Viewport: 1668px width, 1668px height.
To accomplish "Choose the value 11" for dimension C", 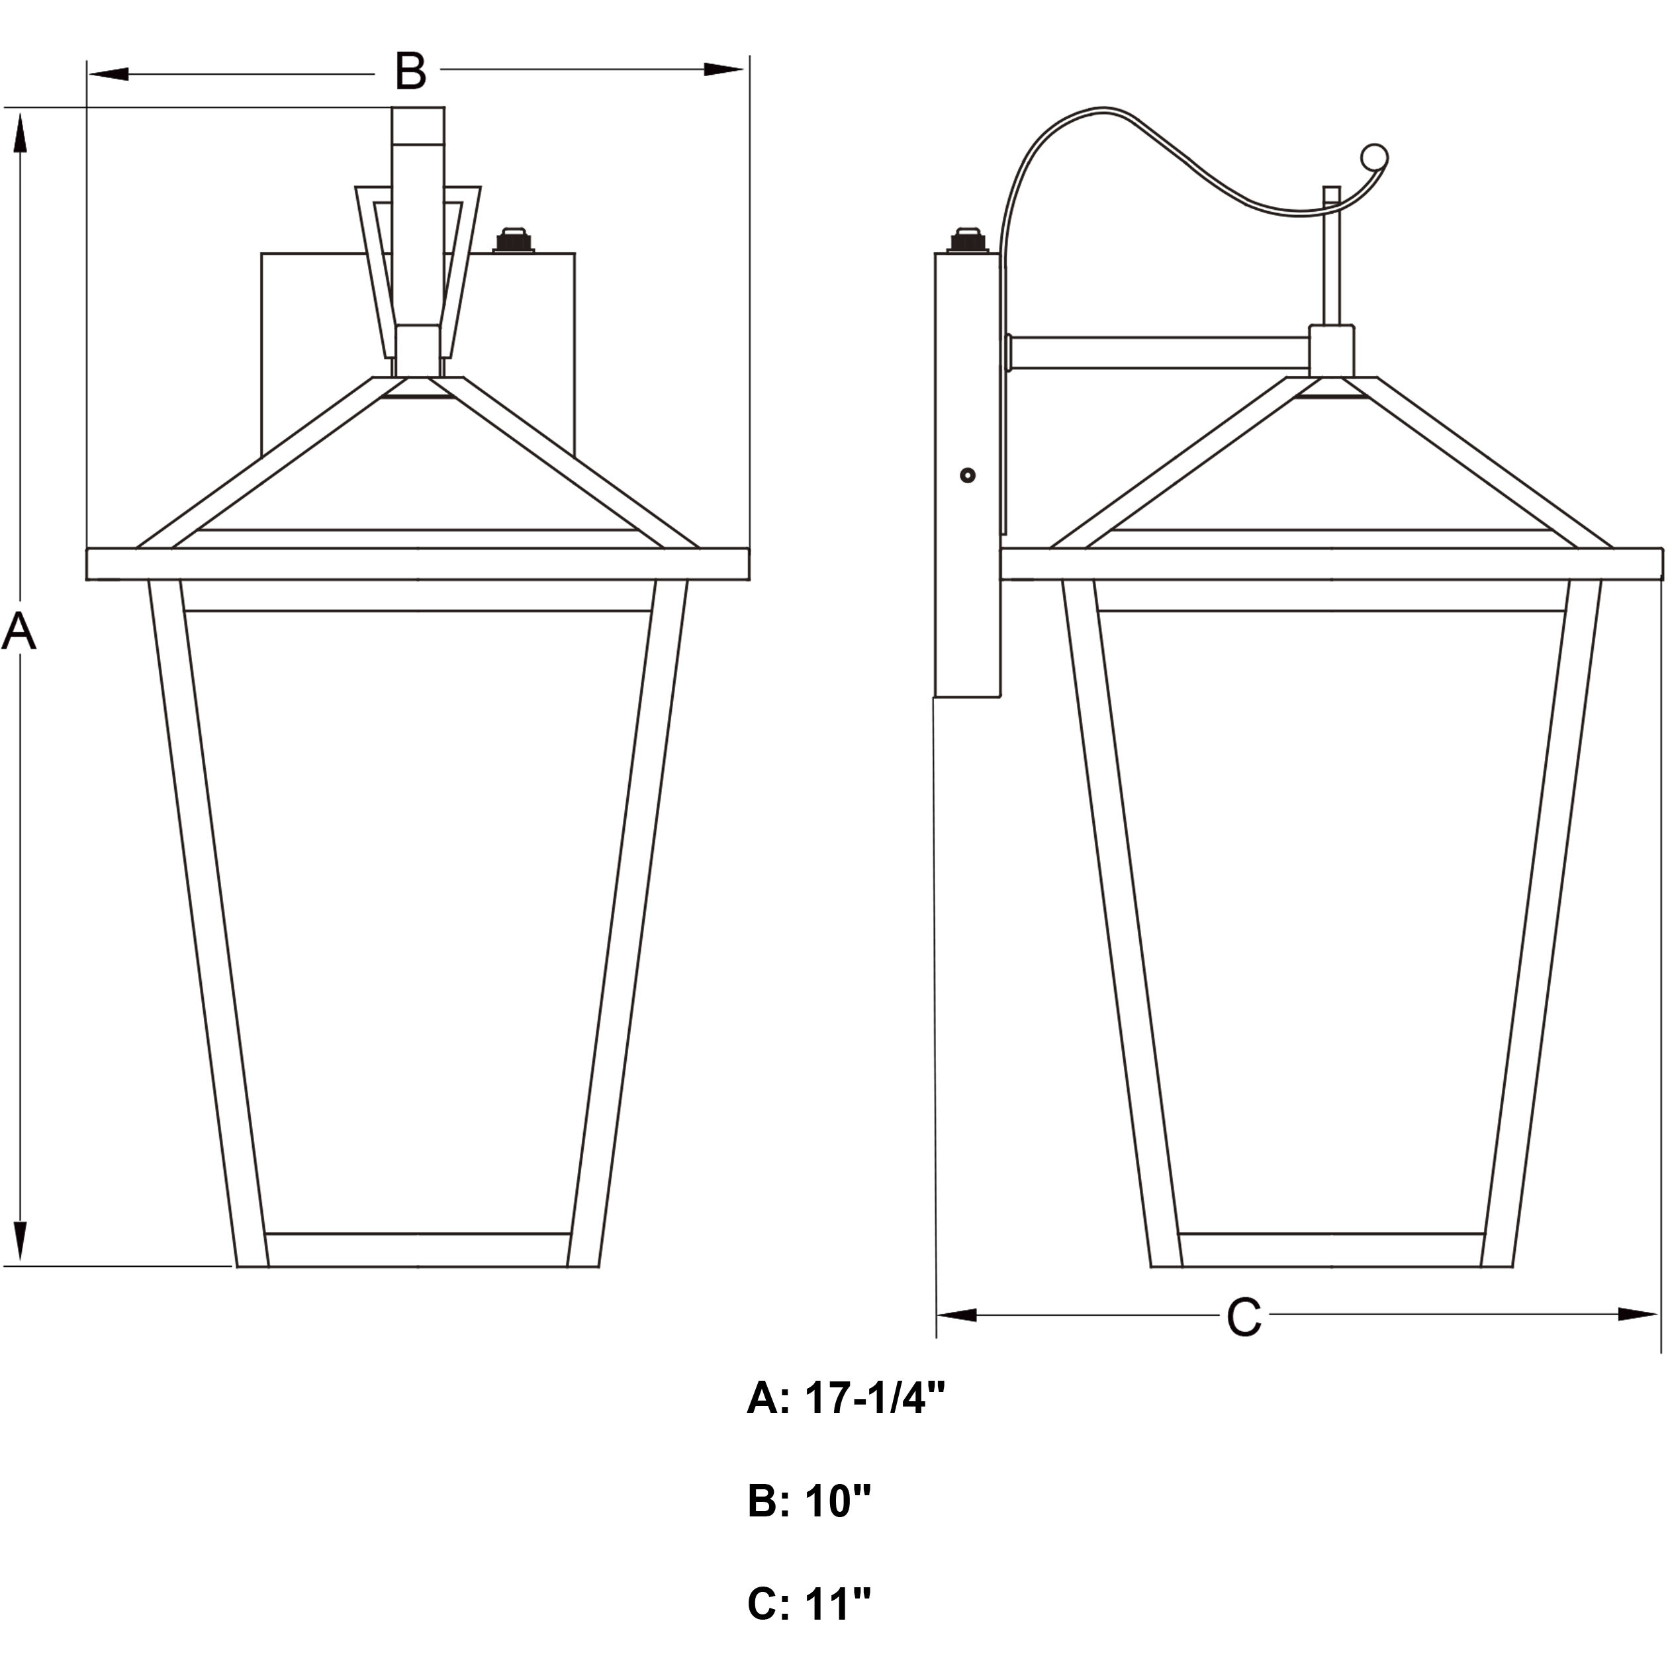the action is (x=837, y=1605).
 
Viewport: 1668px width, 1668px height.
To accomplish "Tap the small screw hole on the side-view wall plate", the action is (x=968, y=475).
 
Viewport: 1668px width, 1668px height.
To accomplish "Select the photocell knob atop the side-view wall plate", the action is (x=968, y=240).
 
